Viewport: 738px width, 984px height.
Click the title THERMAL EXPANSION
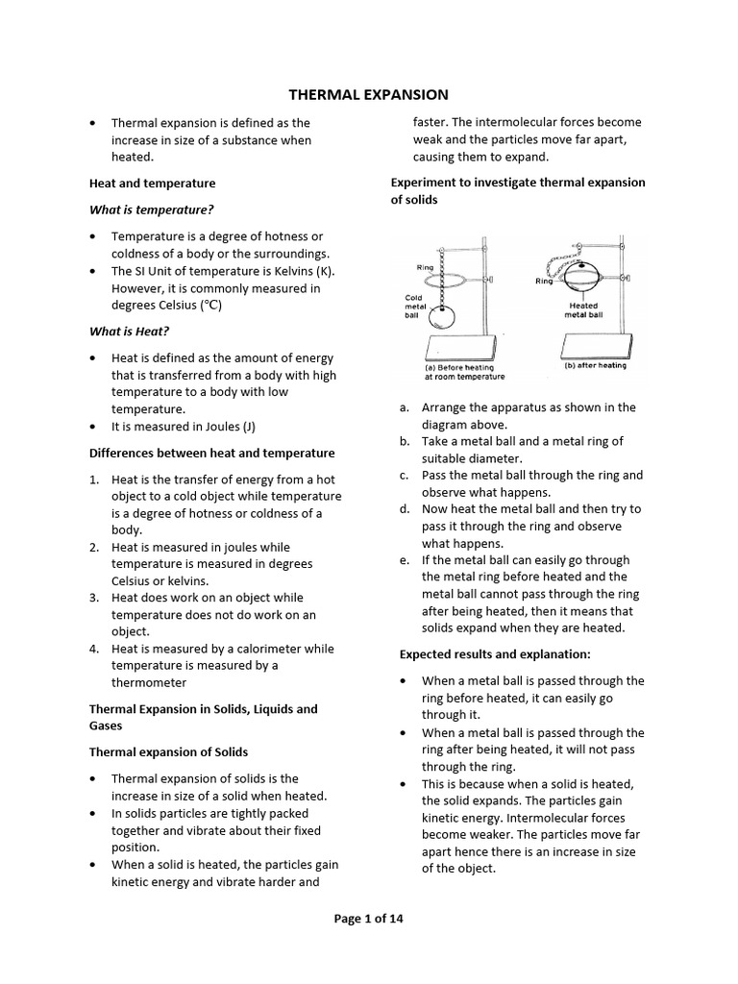[x=369, y=94]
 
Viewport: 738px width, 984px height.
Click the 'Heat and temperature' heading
[x=152, y=183]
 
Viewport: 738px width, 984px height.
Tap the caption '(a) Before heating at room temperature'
[x=463, y=372]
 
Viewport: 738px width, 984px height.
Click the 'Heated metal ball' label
[x=583, y=309]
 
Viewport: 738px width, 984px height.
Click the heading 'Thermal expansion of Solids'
[x=168, y=751]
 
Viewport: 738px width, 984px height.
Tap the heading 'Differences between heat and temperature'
[x=211, y=453]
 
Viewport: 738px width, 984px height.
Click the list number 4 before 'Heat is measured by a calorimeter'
[x=95, y=649]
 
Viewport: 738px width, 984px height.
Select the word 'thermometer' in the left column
[x=149, y=682]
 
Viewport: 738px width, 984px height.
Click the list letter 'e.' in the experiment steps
[x=405, y=560]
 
